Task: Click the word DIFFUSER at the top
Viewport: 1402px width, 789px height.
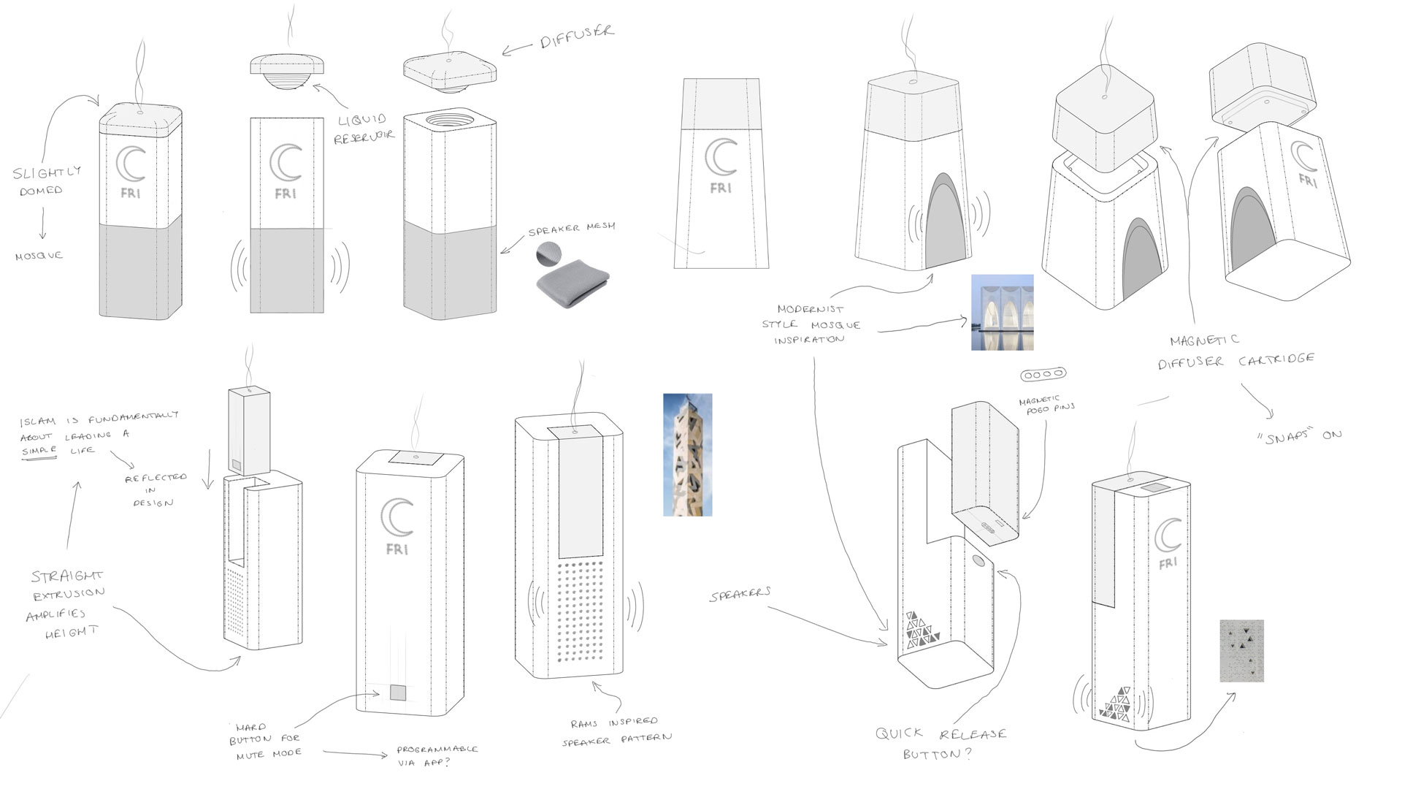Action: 576,37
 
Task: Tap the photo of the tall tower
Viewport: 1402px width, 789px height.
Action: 687,454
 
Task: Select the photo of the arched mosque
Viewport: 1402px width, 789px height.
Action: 1002,312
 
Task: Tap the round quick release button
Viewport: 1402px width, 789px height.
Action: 978,563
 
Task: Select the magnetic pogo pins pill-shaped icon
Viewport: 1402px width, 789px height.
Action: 1043,375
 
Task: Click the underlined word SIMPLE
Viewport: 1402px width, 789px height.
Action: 39,451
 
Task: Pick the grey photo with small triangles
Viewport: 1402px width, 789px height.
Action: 1241,651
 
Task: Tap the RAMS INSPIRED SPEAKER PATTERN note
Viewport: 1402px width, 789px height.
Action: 617,731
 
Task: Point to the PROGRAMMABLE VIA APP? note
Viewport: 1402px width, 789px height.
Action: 437,756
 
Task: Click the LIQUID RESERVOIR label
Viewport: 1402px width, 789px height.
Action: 364,129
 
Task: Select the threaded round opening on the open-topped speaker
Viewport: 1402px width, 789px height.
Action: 450,118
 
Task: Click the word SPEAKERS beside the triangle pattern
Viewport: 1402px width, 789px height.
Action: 739,595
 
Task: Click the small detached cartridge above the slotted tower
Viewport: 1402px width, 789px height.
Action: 249,431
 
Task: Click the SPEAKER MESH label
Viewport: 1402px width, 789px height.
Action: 572,229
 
